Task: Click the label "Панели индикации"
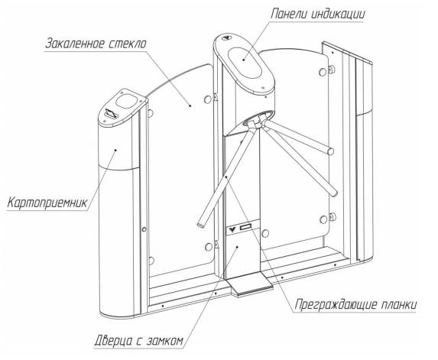[x=317, y=14]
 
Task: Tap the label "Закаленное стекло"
[x=96, y=44]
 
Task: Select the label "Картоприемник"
[x=47, y=203]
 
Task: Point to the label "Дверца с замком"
[x=139, y=341]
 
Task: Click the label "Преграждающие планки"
[x=355, y=304]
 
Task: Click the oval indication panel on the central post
[x=245, y=62]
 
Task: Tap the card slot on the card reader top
[x=111, y=114]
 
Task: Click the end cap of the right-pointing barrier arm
[x=331, y=151]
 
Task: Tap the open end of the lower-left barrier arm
[x=200, y=225]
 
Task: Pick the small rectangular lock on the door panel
[x=246, y=227]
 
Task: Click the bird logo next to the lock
[x=232, y=229]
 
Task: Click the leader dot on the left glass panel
[x=190, y=105]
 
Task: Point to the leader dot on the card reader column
[x=115, y=150]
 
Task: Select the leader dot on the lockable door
[x=237, y=247]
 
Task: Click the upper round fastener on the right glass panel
[x=323, y=72]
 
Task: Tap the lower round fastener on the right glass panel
[x=323, y=219]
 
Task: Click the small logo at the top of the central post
[x=226, y=38]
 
